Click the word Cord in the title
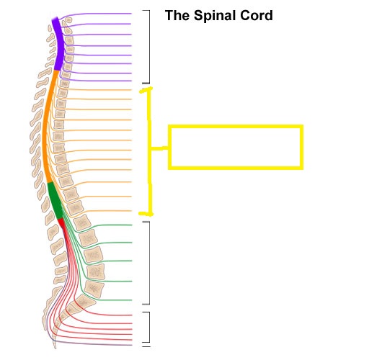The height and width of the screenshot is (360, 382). click(257, 16)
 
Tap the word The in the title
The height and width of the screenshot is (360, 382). click(177, 16)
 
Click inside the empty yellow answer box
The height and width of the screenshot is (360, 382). click(236, 147)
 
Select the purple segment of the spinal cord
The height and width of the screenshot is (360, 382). click(58, 44)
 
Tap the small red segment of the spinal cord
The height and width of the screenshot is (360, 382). click(61, 222)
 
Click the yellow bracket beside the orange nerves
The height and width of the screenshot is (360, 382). click(149, 151)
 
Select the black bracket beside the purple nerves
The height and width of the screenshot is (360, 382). click(149, 47)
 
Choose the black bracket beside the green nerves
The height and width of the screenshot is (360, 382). click(149, 263)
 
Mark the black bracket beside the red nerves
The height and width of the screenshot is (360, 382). click(149, 327)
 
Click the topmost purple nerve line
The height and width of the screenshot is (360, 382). click(97, 14)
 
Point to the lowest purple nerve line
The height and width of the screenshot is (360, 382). click(97, 81)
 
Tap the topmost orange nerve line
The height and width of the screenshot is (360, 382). click(97, 90)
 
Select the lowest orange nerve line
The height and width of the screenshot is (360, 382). click(102, 211)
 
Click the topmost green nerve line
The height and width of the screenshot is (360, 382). click(107, 225)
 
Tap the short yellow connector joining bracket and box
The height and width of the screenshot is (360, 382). click(159, 148)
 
